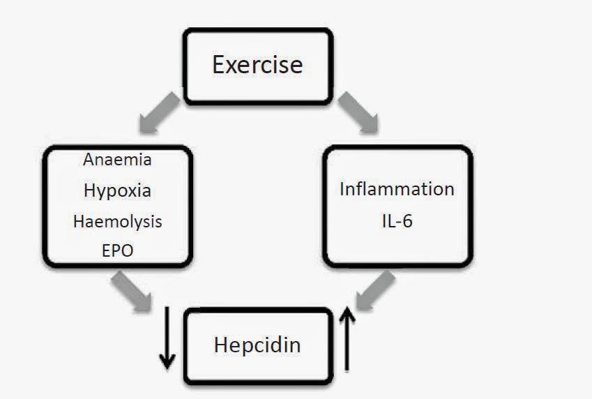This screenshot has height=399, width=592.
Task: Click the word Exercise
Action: [x=257, y=65]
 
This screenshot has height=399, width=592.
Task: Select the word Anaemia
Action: [x=117, y=159]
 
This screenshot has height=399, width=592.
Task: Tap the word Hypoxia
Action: [x=117, y=190]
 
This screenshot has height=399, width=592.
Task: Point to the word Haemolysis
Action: [x=117, y=221]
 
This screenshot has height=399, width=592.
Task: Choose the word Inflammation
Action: [x=397, y=189]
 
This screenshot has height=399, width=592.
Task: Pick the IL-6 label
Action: [x=396, y=222]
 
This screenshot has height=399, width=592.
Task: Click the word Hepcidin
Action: [x=257, y=345]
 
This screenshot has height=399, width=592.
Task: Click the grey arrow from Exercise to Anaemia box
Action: [x=160, y=112]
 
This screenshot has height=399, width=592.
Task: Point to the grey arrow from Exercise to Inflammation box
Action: [x=358, y=112]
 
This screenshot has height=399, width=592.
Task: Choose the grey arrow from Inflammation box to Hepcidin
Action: [x=376, y=289]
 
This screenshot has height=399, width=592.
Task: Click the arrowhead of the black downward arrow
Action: [x=167, y=362]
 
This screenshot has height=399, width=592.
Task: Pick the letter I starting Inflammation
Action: [x=342, y=189]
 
